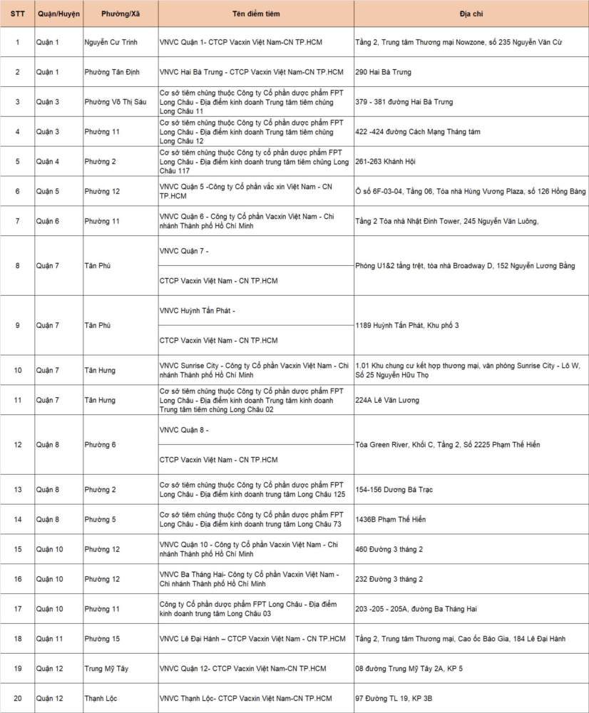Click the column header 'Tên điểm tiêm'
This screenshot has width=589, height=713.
(256, 14)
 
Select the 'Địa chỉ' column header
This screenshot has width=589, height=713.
(471, 14)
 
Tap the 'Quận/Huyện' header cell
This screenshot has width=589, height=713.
(58, 14)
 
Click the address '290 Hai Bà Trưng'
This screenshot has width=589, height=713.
(383, 72)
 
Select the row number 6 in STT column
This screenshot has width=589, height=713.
(17, 191)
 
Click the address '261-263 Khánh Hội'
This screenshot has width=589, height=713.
(385, 161)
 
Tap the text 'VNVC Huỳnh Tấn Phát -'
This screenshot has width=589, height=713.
(198, 310)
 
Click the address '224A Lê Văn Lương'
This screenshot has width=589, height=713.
(388, 400)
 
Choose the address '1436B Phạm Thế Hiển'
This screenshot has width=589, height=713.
(390, 519)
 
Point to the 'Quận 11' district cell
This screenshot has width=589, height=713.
(50, 638)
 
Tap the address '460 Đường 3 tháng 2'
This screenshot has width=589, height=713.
(389, 549)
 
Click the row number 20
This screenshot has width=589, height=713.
(17, 698)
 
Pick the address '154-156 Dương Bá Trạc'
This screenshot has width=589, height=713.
(394, 489)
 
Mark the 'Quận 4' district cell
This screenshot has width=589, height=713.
(48, 161)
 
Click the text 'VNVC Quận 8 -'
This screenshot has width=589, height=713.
(184, 430)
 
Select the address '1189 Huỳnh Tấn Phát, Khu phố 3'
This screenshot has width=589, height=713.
(407, 325)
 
